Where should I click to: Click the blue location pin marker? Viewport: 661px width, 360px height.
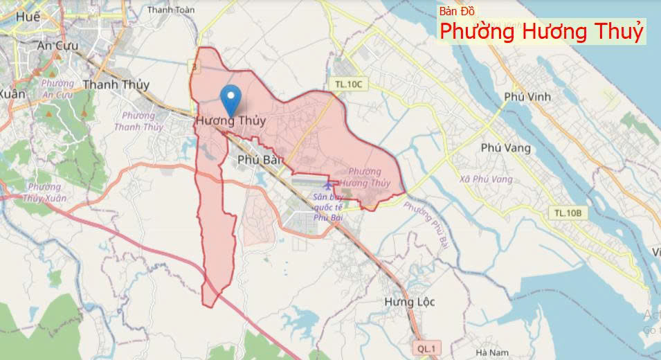tap(230, 99)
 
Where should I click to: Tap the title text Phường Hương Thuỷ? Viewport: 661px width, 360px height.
tap(542, 32)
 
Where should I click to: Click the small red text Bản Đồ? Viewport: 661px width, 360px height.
tap(457, 11)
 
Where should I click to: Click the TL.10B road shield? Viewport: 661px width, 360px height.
tap(568, 212)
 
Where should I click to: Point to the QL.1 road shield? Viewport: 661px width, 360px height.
tap(426, 348)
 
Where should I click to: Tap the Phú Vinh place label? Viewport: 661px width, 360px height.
tap(527, 97)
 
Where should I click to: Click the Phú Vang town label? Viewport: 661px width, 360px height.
tap(506, 147)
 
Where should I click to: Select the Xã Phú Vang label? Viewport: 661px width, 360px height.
tap(486, 179)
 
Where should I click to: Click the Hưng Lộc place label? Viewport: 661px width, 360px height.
tap(408, 302)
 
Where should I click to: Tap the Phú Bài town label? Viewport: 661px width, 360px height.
tap(257, 160)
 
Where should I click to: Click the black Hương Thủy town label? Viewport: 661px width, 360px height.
tap(230, 120)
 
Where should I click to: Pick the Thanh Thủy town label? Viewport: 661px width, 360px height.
tap(116, 84)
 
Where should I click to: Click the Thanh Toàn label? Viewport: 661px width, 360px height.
tap(171, 10)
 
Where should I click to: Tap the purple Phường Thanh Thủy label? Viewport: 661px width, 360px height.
tap(138, 121)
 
